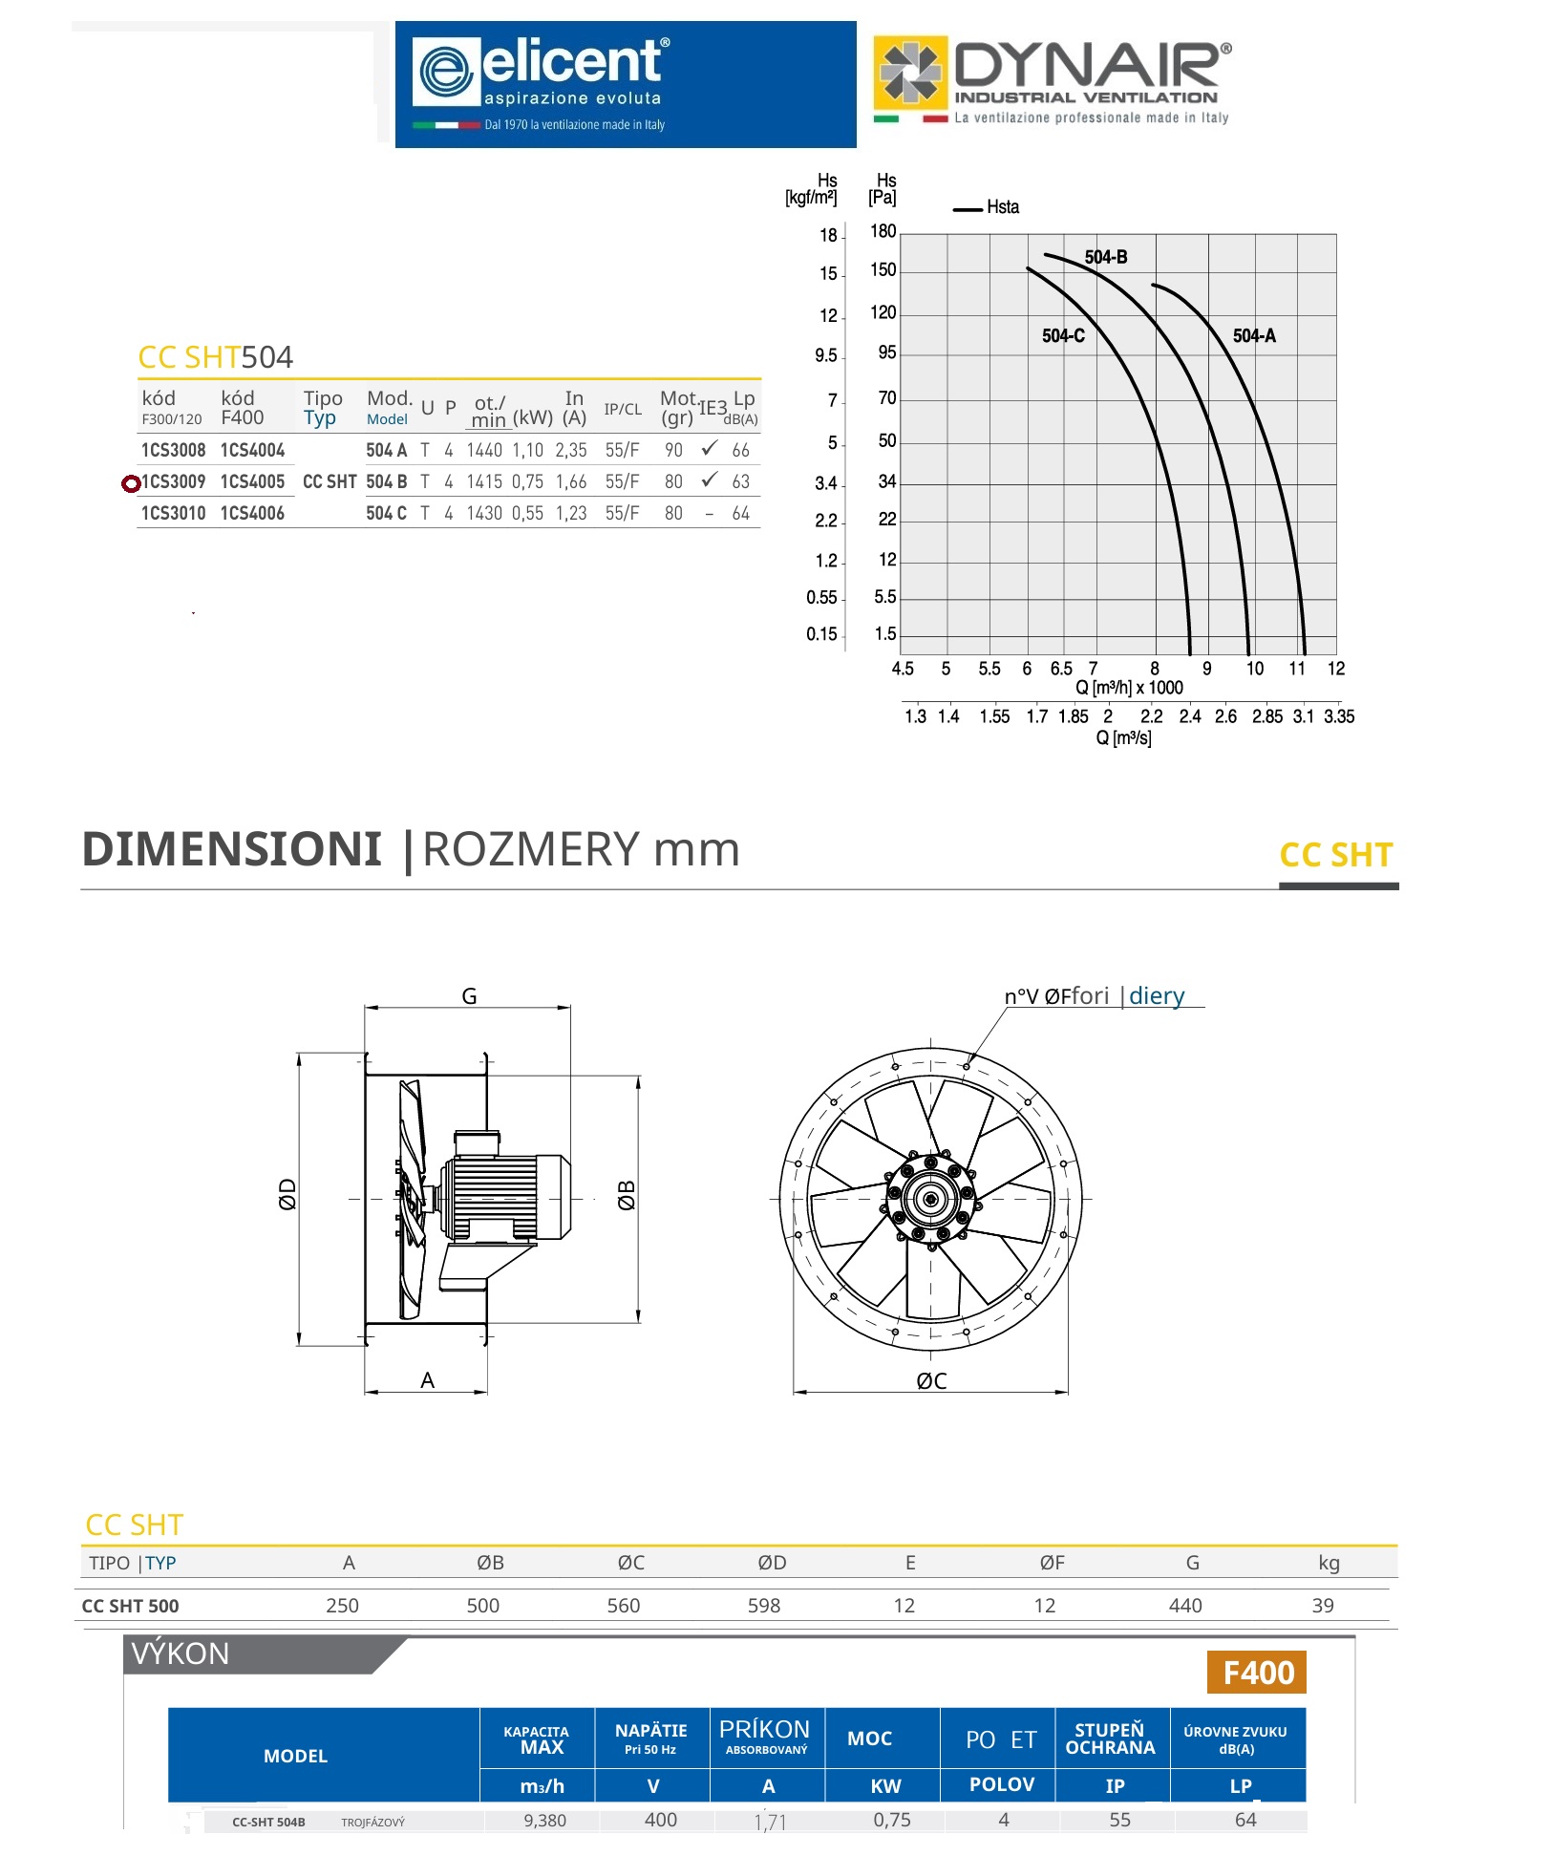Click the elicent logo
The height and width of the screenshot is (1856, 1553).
click(x=626, y=84)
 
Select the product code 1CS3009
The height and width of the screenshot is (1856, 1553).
click(x=174, y=481)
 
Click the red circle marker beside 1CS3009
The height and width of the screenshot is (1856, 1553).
click(x=131, y=483)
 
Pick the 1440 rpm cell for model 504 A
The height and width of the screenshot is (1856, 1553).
click(x=484, y=450)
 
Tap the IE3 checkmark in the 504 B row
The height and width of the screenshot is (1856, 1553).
click(x=709, y=480)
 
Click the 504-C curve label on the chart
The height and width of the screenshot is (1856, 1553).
click(x=1063, y=335)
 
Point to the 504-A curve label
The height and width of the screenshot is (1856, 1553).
click(x=1254, y=335)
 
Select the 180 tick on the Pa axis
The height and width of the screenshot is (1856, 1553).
click(x=883, y=231)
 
